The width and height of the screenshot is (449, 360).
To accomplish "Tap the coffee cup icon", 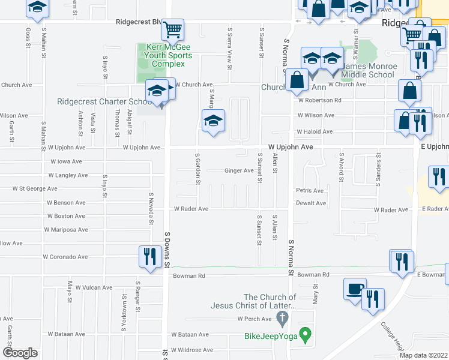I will click(355, 289).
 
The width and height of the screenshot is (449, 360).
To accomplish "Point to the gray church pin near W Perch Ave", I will click(283, 317).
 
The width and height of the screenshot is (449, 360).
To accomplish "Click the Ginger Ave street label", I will click(239, 170).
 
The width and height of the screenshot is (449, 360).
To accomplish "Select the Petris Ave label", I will click(310, 191).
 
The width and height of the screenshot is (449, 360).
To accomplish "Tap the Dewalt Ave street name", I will click(311, 203).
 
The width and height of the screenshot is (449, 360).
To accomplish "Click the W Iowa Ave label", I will click(66, 161).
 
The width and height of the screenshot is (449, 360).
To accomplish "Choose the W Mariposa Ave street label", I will click(66, 230).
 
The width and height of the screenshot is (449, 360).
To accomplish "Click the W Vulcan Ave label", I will click(94, 287).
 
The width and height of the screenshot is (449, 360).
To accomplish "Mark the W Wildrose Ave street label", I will click(192, 350).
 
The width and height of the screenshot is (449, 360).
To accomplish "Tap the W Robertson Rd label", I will click(319, 100).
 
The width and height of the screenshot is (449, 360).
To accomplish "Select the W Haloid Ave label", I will click(315, 131).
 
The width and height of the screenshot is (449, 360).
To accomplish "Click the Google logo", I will click(20, 353).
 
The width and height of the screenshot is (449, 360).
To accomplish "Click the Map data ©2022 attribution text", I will click(423, 355).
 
